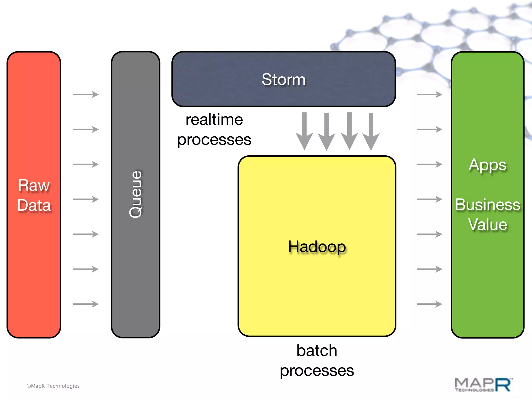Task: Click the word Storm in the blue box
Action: [x=283, y=79]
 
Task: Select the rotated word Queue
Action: [x=136, y=194]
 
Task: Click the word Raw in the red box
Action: [x=34, y=185]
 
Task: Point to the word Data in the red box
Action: [x=34, y=205]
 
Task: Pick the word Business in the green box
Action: [x=488, y=204]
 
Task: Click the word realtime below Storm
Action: [x=214, y=120]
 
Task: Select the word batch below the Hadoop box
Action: [x=317, y=350]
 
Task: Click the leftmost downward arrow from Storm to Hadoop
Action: [x=304, y=131]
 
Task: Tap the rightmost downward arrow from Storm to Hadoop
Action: [x=371, y=131]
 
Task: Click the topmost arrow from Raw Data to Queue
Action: [x=86, y=94]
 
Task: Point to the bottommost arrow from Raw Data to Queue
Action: [x=86, y=304]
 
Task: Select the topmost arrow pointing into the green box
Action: [x=429, y=94]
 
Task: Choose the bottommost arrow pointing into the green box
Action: [x=429, y=304]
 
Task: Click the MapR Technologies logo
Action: [x=483, y=385]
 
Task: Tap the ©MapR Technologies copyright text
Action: [x=53, y=386]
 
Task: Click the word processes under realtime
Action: [x=214, y=140]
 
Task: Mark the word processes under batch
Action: [x=317, y=371]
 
